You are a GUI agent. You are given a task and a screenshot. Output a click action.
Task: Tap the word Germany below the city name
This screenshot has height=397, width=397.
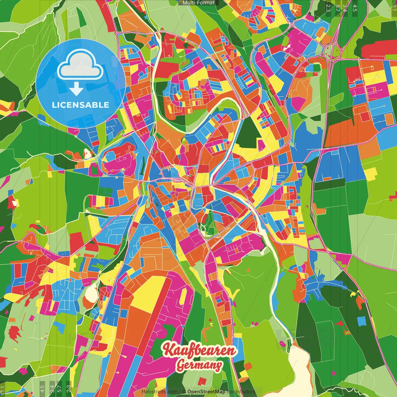pos(199,365)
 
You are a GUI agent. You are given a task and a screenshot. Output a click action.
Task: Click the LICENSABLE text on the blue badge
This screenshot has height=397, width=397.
pos(81,105)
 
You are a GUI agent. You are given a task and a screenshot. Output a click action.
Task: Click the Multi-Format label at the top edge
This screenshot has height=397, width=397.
pos(198,3)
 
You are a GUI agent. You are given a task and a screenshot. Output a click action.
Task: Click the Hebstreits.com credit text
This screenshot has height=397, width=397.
pos(159,392)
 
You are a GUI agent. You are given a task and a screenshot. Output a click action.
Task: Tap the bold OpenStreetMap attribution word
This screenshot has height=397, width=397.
pos(206,392)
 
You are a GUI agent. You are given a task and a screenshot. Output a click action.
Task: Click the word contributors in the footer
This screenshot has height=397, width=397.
pos(241,392)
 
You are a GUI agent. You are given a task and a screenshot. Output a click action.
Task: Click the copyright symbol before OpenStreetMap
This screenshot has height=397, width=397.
pos(184,392)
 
